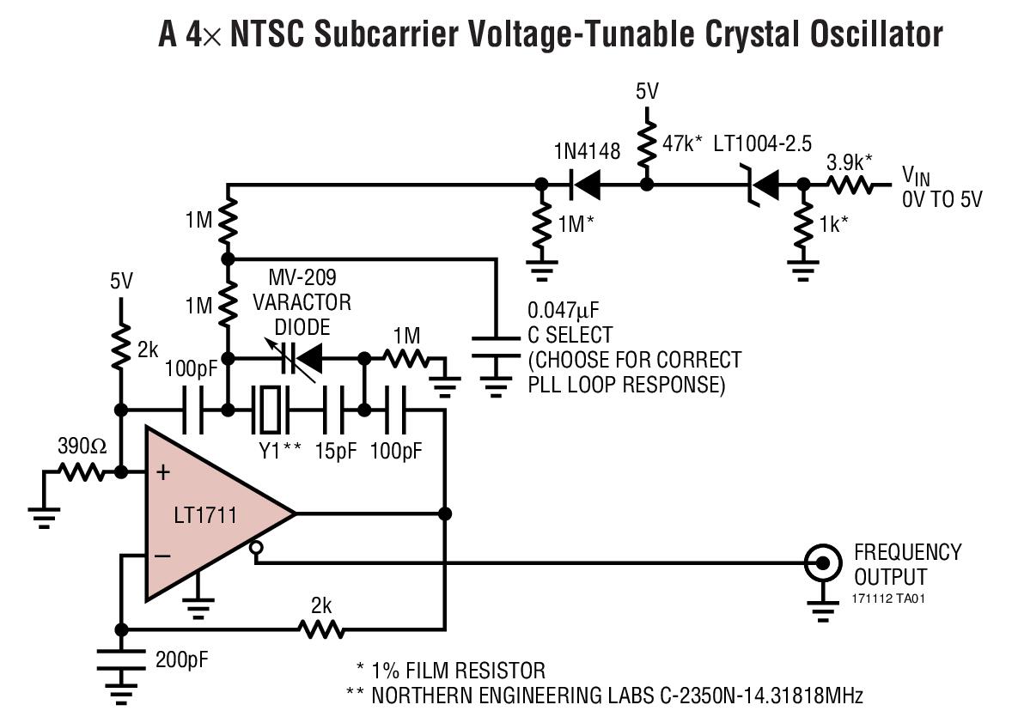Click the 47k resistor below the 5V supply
click(647, 144)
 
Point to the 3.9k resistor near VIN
click(850, 185)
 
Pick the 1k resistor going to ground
click(804, 224)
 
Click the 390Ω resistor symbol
click(82, 472)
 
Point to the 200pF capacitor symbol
click(121, 660)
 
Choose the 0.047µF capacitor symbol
click(496, 347)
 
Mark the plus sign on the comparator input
click(163, 471)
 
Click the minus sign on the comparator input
click(163, 556)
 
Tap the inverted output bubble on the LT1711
click(257, 549)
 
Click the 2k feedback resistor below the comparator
click(321, 629)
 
